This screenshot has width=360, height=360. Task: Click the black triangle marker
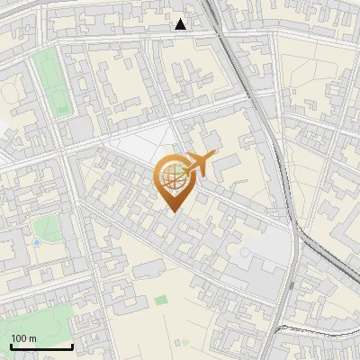point(181,24)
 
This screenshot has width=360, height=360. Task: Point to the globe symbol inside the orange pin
point(172,176)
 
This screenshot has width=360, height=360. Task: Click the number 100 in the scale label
point(19,338)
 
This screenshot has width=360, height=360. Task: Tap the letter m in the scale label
point(32,338)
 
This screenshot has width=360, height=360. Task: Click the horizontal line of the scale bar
point(41,346)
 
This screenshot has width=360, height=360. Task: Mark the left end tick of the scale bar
point(11,345)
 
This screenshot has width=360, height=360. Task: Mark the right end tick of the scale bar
point(72,345)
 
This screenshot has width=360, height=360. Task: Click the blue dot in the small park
point(36,242)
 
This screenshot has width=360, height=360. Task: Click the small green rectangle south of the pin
point(160,299)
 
